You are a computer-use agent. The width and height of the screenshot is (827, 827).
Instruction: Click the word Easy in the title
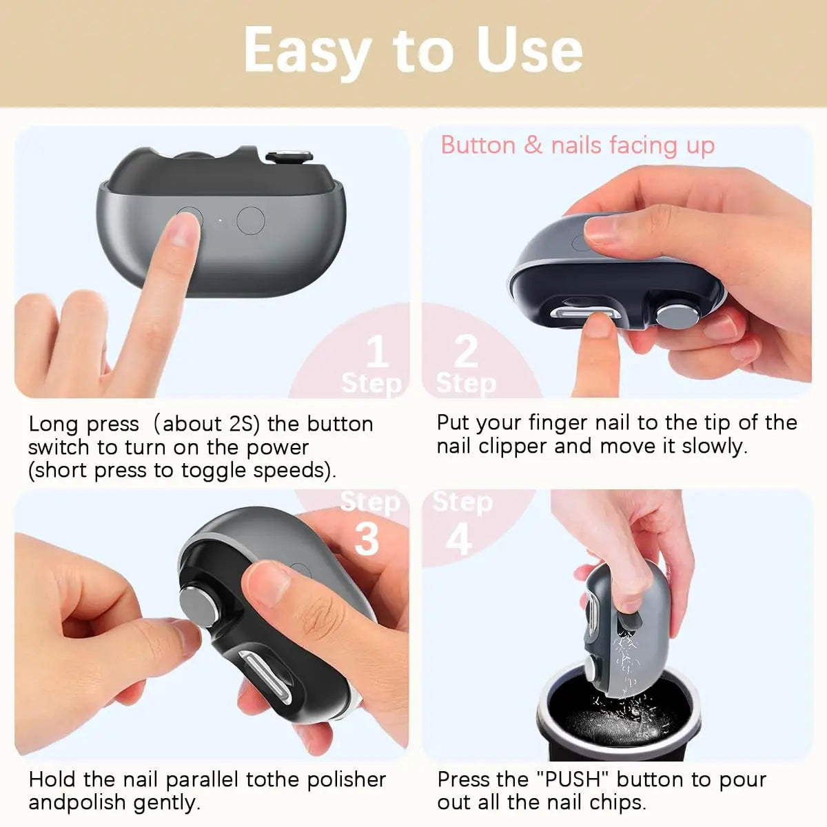[307, 52]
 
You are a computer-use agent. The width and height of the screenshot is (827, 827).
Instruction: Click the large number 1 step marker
[376, 352]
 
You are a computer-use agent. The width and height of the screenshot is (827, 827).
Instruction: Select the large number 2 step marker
[466, 351]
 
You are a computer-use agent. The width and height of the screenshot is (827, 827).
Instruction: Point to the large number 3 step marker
[367, 538]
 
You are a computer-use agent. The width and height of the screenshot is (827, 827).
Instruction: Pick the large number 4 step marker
[459, 538]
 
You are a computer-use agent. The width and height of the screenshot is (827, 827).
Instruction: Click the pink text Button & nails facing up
[578, 145]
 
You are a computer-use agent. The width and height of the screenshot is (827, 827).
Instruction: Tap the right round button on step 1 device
[251, 221]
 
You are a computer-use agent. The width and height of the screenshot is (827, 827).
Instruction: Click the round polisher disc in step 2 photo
[674, 317]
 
